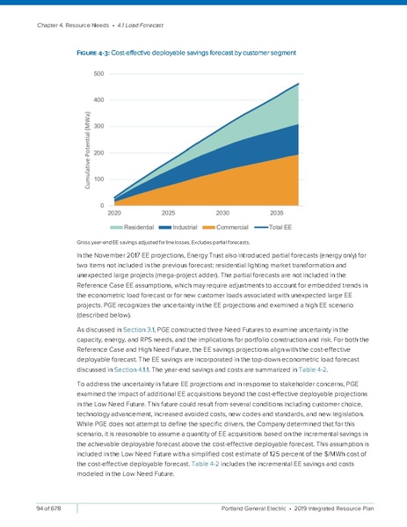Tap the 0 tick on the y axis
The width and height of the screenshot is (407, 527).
click(101, 206)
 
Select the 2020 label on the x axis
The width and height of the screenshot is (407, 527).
click(114, 214)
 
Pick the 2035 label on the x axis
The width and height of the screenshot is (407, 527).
click(276, 214)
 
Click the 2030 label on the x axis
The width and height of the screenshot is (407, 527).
click(222, 214)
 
